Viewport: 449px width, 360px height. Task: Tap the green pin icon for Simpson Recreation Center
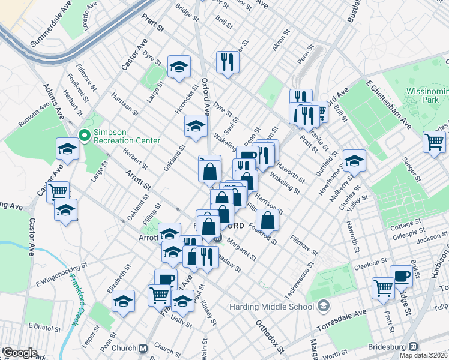(84, 135)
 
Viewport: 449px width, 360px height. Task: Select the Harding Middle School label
(271, 307)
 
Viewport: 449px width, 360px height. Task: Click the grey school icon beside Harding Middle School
(324, 307)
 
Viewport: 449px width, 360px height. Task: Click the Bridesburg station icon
(413, 347)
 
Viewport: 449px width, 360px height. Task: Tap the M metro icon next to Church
(143, 348)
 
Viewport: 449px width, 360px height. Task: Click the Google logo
(20, 353)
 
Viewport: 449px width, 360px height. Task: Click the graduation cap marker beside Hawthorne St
(354, 161)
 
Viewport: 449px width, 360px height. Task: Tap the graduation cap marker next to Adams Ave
(68, 149)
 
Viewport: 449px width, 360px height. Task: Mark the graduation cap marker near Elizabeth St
(123, 301)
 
